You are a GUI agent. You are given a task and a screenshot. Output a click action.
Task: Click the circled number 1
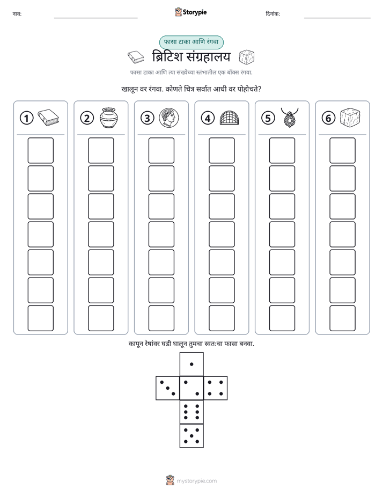coord(26,118)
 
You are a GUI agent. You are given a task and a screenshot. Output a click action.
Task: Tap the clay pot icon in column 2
coord(109,118)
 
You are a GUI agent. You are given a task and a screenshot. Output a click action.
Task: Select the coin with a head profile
coord(169,118)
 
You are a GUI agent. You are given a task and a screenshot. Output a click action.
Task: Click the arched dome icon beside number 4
coord(229,118)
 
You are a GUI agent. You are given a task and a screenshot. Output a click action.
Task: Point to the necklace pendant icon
coord(290,118)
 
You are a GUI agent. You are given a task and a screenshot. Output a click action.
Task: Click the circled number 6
coord(328,118)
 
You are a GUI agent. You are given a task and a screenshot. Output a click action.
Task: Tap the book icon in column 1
coord(48,118)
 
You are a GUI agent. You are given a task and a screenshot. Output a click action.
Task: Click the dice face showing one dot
coord(191,364)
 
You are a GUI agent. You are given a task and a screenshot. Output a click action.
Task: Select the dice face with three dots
coord(168,388)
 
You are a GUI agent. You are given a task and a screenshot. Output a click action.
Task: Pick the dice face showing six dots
coord(191,412)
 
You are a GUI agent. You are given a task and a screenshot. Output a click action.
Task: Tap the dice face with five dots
coord(191,435)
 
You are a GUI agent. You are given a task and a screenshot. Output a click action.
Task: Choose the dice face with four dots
coord(216,388)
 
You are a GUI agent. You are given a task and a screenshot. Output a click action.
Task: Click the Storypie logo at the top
coord(190,12)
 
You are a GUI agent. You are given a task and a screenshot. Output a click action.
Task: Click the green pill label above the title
coord(191,42)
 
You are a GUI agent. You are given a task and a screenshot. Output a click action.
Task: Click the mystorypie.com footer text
coord(196,481)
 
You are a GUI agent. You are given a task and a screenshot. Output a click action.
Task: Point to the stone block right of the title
coord(247,57)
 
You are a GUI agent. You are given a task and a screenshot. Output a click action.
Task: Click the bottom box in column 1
coord(40,318)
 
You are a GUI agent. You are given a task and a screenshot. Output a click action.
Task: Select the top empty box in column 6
coord(343,150)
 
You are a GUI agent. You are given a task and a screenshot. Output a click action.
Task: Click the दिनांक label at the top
coord(273,13)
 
